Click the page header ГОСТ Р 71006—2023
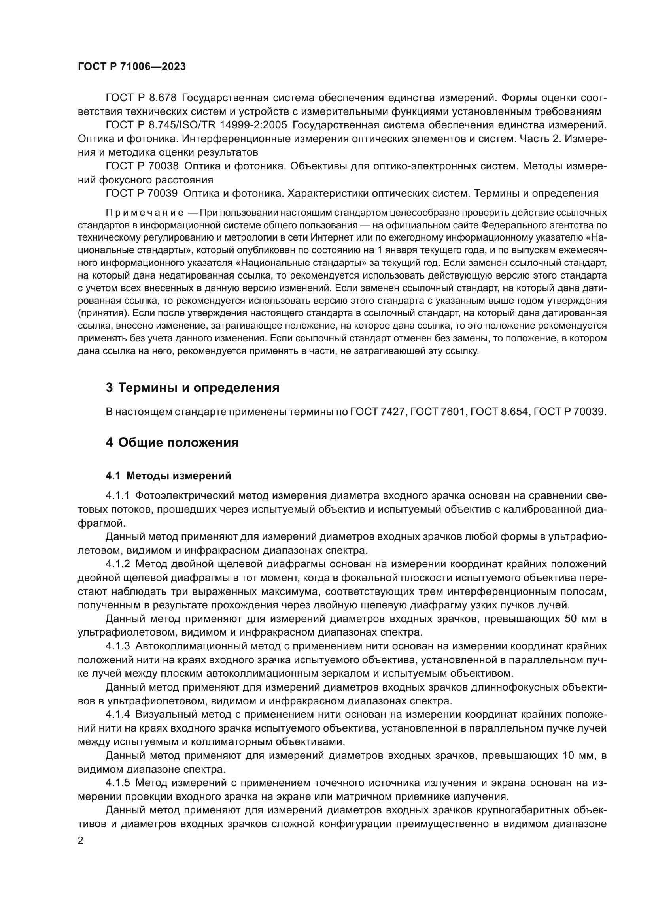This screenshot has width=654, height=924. point(132,66)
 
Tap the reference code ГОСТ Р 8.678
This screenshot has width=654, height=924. point(141,98)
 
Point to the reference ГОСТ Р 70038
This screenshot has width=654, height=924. point(142,166)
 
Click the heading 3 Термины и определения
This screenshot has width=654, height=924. point(193,388)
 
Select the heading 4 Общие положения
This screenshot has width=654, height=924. point(172,443)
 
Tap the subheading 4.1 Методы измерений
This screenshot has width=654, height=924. point(168,476)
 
